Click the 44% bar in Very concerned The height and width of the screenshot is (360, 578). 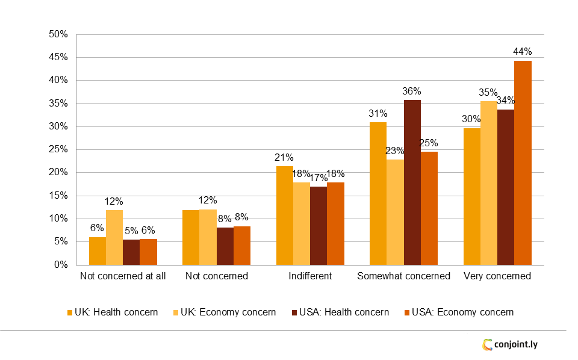tap(523, 163)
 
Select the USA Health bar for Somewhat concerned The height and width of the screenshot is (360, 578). tap(412, 182)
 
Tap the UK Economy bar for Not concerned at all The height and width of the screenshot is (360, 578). tap(114, 237)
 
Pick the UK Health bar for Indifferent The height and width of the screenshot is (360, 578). tap(285, 216)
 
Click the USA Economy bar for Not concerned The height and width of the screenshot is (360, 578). tap(242, 246)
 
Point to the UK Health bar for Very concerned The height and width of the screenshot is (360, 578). tap(472, 196)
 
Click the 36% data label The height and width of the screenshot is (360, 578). tap(412, 92)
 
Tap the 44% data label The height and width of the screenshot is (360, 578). tap(523, 52)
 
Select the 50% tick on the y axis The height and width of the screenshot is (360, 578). tap(58, 34)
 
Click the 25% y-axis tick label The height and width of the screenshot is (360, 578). tap(58, 149)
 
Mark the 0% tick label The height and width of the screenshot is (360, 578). tap(61, 265)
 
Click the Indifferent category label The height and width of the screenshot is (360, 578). tap(310, 276)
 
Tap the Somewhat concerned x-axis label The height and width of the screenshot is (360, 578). tap(403, 276)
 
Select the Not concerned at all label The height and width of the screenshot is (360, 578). tap(123, 276)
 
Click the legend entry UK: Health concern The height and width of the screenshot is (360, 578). tap(112, 312)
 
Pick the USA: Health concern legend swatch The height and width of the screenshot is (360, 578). tap(295, 312)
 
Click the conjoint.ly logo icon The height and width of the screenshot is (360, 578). tap(487, 345)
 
